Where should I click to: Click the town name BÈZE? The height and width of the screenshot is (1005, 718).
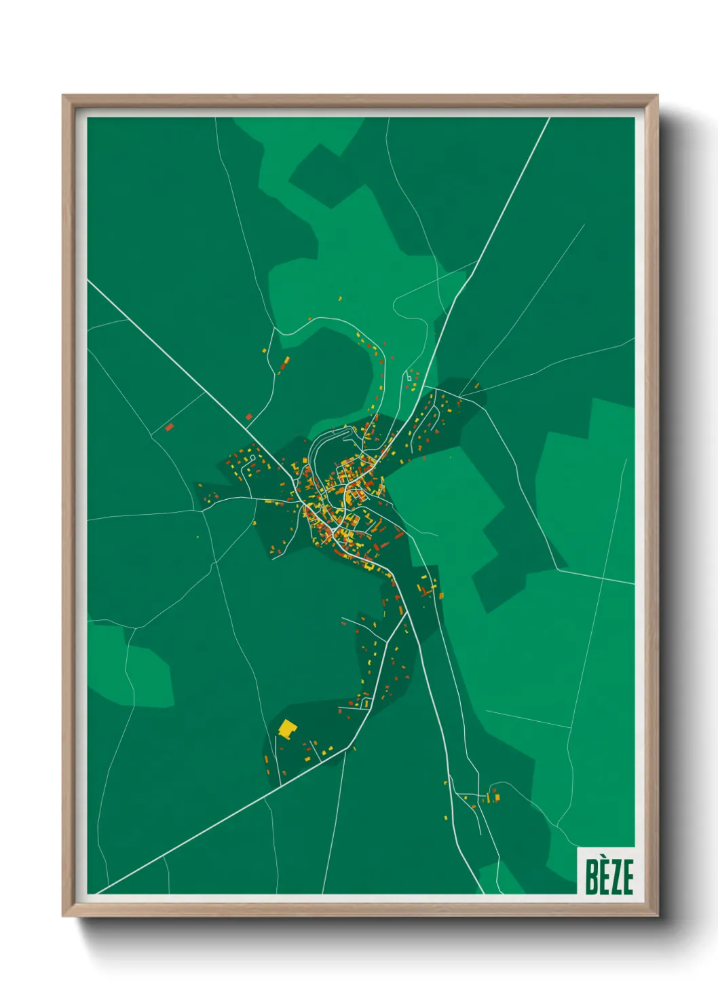[609, 876]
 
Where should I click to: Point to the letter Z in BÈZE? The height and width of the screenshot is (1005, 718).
[616, 877]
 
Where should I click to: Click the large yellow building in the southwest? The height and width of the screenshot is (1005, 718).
[288, 730]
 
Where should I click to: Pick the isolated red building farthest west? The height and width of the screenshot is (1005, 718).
[169, 427]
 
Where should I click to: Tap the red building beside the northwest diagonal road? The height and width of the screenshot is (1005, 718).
[248, 416]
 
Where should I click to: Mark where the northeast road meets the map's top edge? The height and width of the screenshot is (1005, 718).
[548, 118]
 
